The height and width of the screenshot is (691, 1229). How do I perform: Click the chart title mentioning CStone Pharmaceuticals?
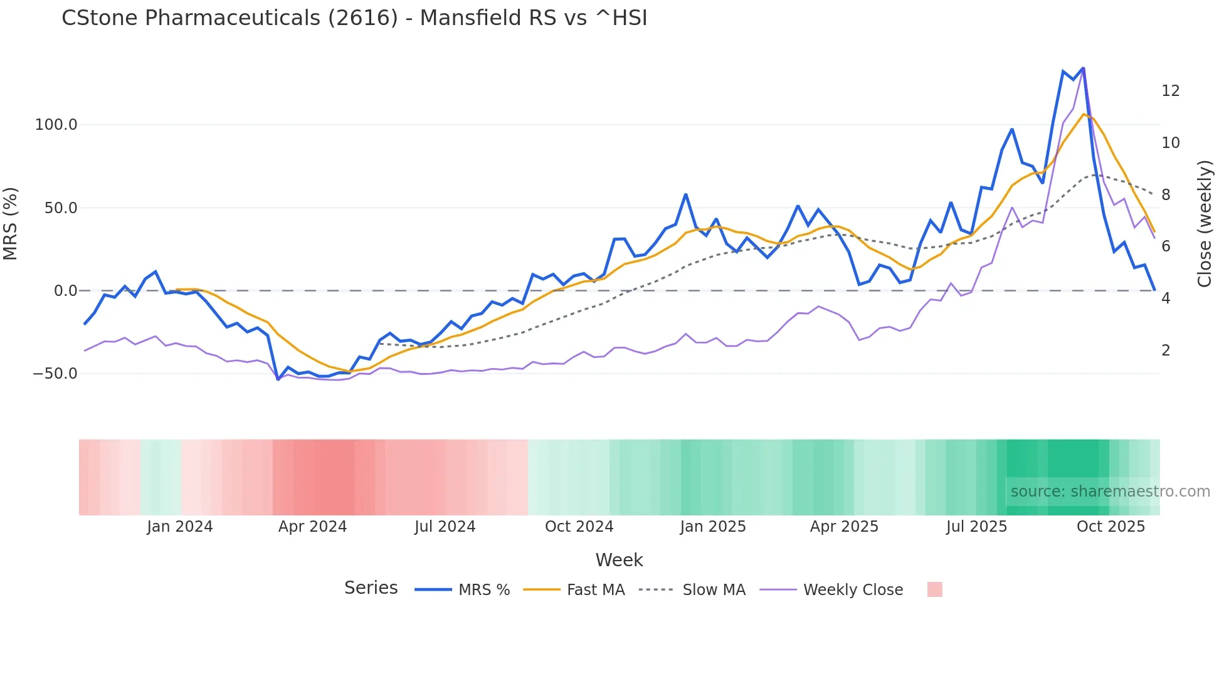pos(354,18)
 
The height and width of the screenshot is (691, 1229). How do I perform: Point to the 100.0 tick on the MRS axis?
pos(56,125)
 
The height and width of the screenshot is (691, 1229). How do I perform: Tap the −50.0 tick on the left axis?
pos(55,374)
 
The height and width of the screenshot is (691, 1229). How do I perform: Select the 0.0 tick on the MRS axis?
pos(65,291)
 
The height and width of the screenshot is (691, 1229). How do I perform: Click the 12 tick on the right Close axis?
pos(1170,91)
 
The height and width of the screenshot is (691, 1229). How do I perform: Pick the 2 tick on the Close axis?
pos(1166,351)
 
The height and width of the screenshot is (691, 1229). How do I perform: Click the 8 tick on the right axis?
pos(1166,195)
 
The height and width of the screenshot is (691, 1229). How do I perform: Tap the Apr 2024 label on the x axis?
pos(312,527)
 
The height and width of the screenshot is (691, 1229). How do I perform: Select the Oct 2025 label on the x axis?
pos(1110,527)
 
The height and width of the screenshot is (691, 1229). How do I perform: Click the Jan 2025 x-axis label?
pos(713,527)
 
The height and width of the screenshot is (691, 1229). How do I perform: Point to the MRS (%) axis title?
pos(11,224)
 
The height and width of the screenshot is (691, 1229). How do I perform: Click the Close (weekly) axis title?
pos(1204,224)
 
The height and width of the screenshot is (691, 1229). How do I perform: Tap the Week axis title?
pos(619,560)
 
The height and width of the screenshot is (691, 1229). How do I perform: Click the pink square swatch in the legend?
pos(934,590)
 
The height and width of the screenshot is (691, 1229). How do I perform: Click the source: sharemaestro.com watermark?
pos(1110,492)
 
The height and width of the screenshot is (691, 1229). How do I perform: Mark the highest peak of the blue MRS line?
pos(1083,68)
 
